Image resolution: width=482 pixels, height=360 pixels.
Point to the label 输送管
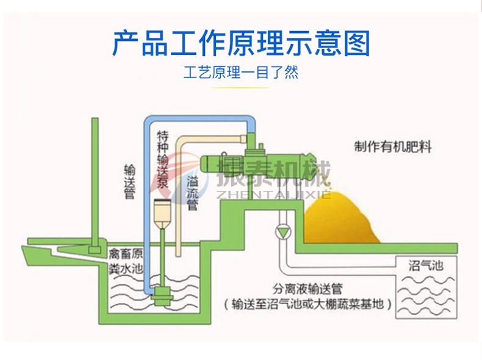[129, 181]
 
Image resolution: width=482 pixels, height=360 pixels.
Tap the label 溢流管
[192, 192]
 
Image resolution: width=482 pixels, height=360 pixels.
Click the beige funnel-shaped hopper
[163, 214]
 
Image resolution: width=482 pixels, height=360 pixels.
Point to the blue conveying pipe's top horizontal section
[195, 120]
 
